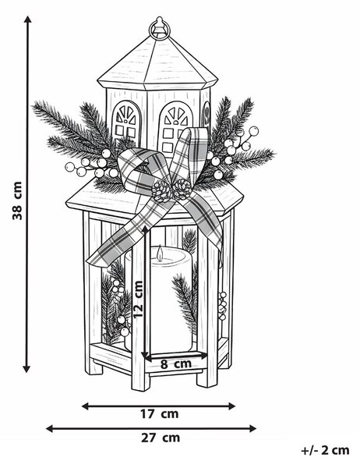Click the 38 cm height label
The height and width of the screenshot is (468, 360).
point(17,200)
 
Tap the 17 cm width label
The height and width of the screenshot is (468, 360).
point(160,414)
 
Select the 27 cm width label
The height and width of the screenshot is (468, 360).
point(161,438)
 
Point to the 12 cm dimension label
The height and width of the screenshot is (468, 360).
point(138,300)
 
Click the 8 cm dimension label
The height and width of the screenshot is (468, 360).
point(176,363)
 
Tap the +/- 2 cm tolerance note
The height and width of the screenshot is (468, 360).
point(325,450)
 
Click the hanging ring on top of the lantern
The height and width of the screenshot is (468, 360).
point(160,28)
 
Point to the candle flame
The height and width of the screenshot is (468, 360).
point(161,252)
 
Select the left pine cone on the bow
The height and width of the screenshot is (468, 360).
point(162,191)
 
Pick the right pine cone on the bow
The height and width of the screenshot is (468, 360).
point(182,189)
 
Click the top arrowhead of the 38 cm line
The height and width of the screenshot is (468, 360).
point(28,19)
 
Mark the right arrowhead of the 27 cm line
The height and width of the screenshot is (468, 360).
point(252,428)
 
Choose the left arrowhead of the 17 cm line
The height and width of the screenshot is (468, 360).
point(86,406)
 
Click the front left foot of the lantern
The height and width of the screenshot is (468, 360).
point(140,381)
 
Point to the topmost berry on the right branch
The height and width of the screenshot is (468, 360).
point(253,131)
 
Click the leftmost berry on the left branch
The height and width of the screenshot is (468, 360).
point(70,167)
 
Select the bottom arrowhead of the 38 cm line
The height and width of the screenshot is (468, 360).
point(26,369)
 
